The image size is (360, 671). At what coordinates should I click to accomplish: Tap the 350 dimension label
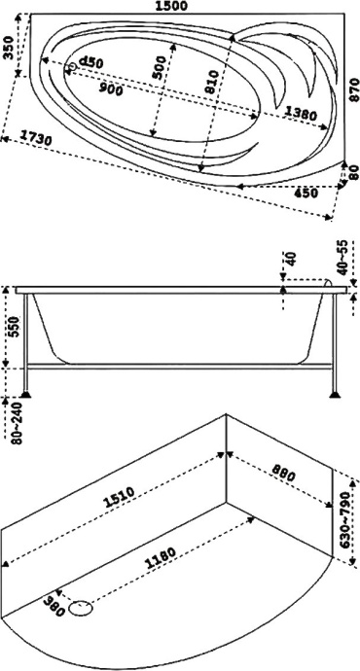click(x=9, y=47)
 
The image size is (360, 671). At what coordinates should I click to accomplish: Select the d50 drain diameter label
click(x=91, y=63)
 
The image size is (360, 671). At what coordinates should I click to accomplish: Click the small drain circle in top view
click(x=72, y=68)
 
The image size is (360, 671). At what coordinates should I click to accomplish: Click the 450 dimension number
click(x=306, y=194)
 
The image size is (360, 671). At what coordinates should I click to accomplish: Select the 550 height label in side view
click(x=12, y=326)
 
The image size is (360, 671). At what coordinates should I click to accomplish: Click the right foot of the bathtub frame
click(x=336, y=394)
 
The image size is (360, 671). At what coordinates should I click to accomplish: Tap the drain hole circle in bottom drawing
click(x=83, y=610)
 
